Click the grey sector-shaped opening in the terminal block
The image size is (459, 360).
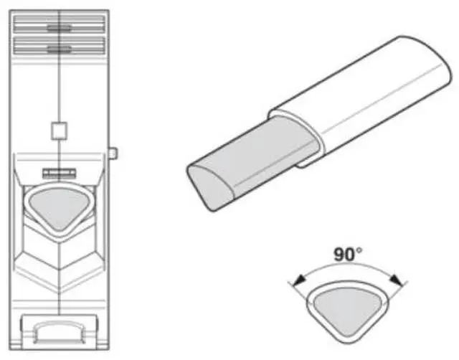pyautogui.click(x=60, y=205)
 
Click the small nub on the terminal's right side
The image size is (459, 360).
pyautogui.click(x=113, y=152)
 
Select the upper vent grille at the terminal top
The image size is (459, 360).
pyautogui.click(x=60, y=28)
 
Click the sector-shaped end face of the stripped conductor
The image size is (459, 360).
pyautogui.click(x=208, y=184)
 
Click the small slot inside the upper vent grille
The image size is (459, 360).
pyautogui.click(x=59, y=28)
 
